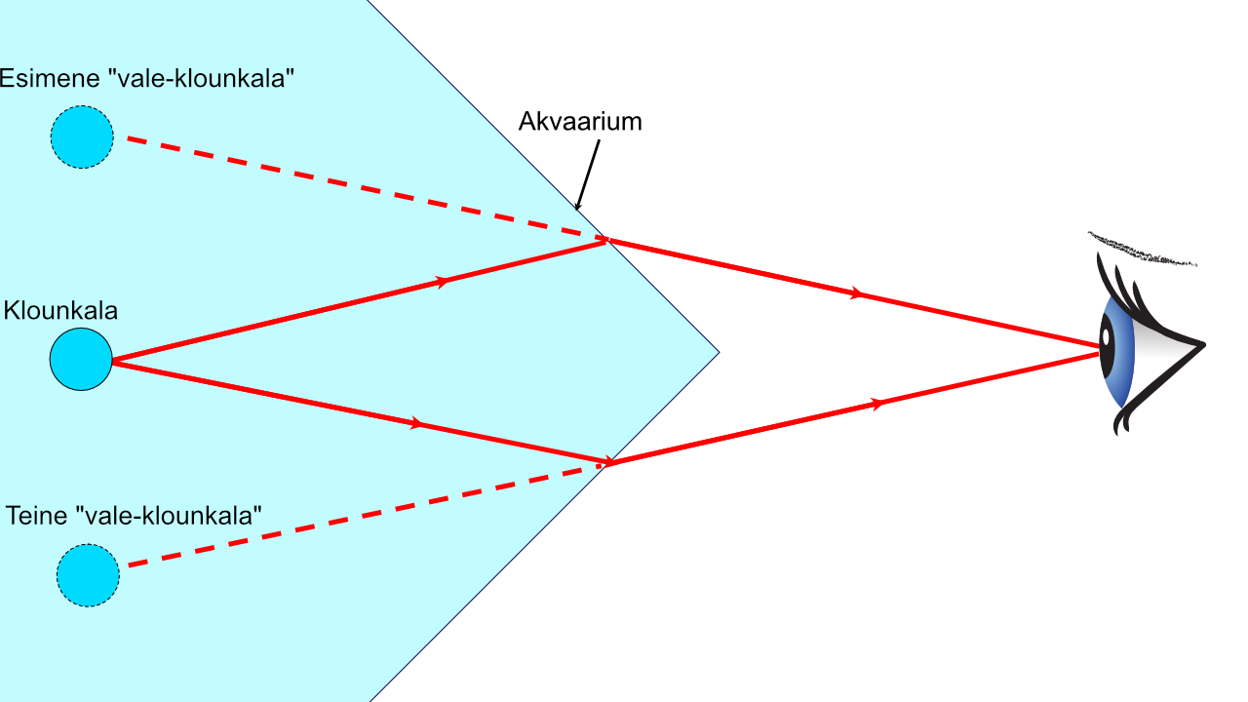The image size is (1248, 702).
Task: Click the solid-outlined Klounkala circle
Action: tap(81, 359)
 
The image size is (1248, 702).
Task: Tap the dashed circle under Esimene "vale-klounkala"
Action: tap(82, 137)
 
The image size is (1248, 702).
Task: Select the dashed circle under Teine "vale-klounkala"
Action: tap(88, 575)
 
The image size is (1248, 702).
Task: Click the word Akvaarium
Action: tap(580, 122)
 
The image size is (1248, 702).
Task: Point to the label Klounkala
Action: tap(60, 310)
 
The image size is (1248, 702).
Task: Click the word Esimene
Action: tap(50, 78)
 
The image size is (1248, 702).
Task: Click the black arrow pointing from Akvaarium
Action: tap(588, 175)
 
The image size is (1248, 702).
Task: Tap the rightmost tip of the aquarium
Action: tap(720, 352)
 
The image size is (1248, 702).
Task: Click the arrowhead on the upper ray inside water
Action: tap(443, 282)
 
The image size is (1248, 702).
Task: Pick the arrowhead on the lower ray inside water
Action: tap(416, 424)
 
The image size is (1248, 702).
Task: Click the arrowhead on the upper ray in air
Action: tap(857, 293)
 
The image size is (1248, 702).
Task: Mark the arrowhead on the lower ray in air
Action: tap(877, 404)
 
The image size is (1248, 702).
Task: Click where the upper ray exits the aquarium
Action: tap(607, 240)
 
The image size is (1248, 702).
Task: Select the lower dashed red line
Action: tap(365, 516)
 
